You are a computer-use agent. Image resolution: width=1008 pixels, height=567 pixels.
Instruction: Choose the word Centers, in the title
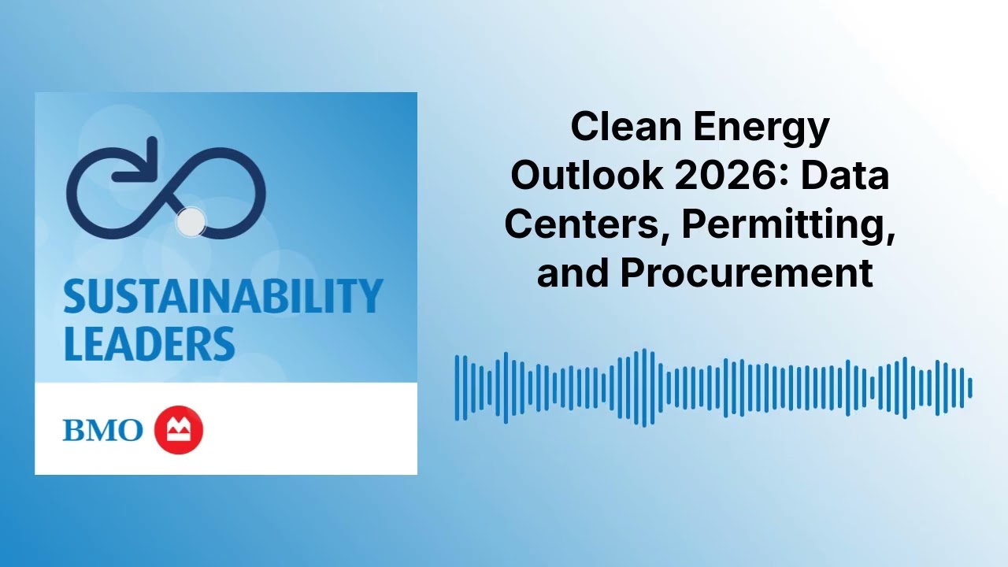click(x=587, y=224)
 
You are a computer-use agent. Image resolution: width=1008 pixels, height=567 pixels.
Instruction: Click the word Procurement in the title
click(x=747, y=272)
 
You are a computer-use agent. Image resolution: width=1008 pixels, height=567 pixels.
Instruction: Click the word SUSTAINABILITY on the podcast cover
click(x=223, y=296)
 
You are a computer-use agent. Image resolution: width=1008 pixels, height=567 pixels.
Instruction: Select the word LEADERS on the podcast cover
click(x=149, y=343)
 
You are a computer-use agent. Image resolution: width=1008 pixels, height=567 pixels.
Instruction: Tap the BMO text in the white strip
click(x=102, y=431)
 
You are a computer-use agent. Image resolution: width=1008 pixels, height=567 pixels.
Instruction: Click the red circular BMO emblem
click(x=179, y=431)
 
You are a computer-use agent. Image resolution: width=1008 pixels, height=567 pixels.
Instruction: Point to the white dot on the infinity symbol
click(x=190, y=222)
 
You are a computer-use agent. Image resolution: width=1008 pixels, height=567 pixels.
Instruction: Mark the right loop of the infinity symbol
click(x=228, y=192)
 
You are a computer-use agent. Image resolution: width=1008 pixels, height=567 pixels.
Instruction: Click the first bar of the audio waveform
click(x=458, y=387)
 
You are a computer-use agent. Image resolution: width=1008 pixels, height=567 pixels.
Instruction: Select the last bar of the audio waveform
click(x=970, y=387)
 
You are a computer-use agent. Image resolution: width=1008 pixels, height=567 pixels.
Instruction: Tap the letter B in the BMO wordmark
click(x=75, y=431)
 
